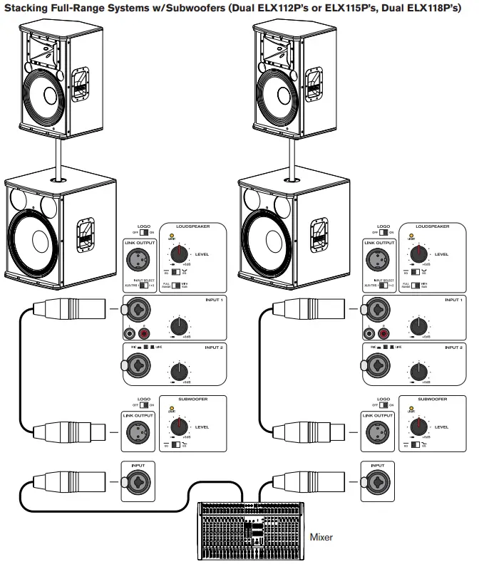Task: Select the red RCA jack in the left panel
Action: (x=145, y=333)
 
